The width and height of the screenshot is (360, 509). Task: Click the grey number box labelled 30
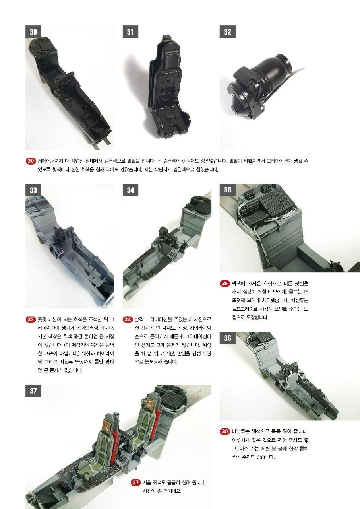33,31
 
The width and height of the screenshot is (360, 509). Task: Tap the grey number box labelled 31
130,31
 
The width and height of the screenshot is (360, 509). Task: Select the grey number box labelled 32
227,31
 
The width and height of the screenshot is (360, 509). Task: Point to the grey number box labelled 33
33,190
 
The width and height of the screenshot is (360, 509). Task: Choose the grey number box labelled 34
130,190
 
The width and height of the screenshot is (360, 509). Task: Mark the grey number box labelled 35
227,190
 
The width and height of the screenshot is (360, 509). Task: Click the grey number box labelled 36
227,338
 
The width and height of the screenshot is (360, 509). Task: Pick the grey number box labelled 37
33,390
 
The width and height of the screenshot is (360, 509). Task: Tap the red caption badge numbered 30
31,161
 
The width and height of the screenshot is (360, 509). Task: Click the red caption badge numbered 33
31,319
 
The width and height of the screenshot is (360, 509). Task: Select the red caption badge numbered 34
128,319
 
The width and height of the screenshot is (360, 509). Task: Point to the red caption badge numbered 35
225,284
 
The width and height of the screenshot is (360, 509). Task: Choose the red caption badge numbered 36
225,431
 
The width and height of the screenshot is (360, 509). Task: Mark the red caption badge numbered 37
135,482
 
